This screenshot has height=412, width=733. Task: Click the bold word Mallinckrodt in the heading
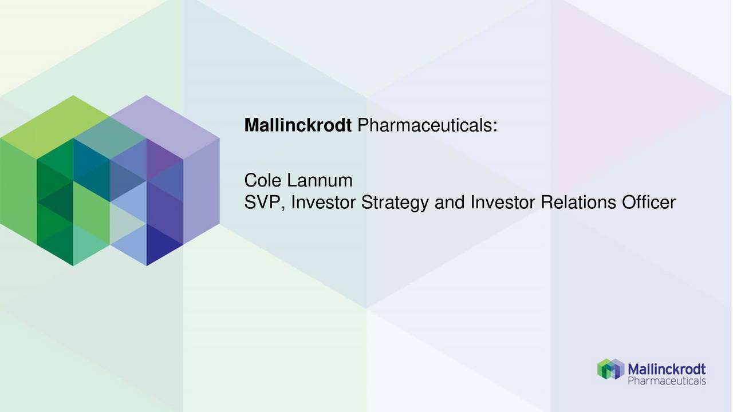(298, 125)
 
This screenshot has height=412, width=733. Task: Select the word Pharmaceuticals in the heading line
(424, 125)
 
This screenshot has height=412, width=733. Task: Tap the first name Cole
(263, 181)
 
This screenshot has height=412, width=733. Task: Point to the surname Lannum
(320, 181)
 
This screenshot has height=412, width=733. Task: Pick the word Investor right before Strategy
(324, 203)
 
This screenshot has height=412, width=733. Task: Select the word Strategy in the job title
(396, 203)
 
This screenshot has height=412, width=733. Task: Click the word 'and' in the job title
(450, 203)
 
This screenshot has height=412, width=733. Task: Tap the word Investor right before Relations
(503, 203)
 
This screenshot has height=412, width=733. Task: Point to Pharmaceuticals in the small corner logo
(667, 381)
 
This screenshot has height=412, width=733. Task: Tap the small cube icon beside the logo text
(610, 369)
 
